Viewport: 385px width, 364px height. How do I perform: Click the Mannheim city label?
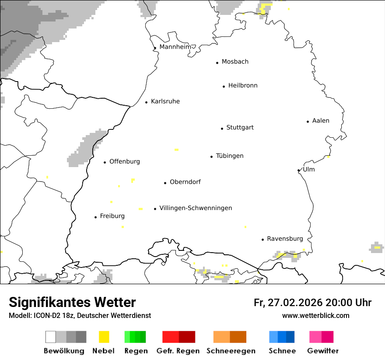pyautogui.click(x=175, y=47)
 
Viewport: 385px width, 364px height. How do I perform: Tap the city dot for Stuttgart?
pyautogui.click(x=222, y=128)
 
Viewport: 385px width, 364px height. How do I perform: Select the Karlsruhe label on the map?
pyautogui.click(x=165, y=102)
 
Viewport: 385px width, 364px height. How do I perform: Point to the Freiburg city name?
pyautogui.click(x=112, y=216)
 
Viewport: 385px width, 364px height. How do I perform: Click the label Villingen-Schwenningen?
pyautogui.click(x=196, y=208)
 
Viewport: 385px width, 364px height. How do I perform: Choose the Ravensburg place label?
pyautogui.click(x=285, y=239)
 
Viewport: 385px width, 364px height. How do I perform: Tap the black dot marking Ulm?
pyautogui.click(x=298, y=171)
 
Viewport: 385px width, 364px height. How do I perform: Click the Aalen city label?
pyautogui.click(x=321, y=121)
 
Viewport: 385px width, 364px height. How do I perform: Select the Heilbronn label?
pyautogui.click(x=243, y=86)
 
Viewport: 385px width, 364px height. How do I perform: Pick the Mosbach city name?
pyautogui.click(x=235, y=62)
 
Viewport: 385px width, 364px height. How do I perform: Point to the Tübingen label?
pyautogui.click(x=230, y=156)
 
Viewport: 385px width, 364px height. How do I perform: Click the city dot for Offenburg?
pyautogui.click(x=105, y=162)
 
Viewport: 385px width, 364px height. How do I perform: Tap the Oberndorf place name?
pyautogui.click(x=185, y=182)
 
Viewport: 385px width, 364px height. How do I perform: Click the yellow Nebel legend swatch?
pyautogui.click(x=104, y=337)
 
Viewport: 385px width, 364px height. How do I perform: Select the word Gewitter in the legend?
pyautogui.click(x=323, y=351)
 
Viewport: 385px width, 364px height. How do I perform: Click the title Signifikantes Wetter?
pyautogui.click(x=72, y=303)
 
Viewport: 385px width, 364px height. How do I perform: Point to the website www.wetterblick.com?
pyautogui.click(x=315, y=316)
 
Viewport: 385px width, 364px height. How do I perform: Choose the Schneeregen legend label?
pyautogui.click(x=231, y=351)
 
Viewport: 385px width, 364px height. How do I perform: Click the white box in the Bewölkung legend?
pyautogui.click(x=51, y=337)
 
